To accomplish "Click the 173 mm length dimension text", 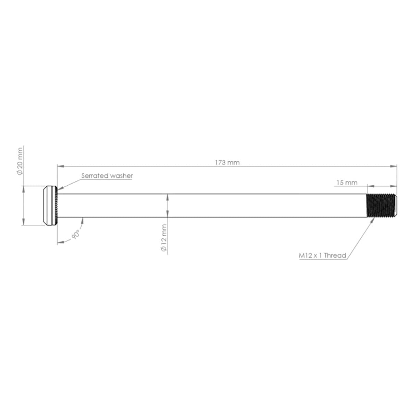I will [227, 162].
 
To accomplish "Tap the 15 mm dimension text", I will [347, 183].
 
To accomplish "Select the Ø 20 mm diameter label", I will [20, 161].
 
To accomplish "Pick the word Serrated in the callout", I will [92, 176].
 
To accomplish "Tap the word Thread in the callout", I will [335, 256].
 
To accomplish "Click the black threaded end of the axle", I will [380, 206].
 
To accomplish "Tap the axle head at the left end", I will [49, 206].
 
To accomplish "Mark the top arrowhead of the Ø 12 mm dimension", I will [167, 196].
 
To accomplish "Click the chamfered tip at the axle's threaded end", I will [395, 206].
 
